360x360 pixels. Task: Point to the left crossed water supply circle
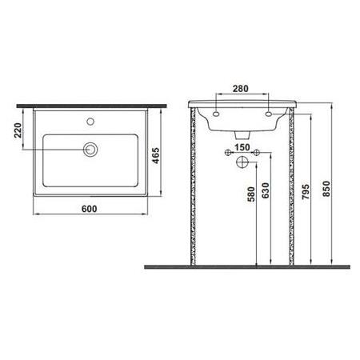[229, 151]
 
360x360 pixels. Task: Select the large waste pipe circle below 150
[242, 162]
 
